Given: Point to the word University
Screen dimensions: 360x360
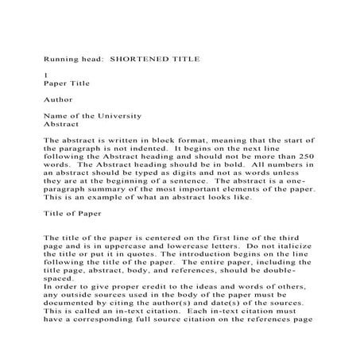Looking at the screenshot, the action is (118, 116).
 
